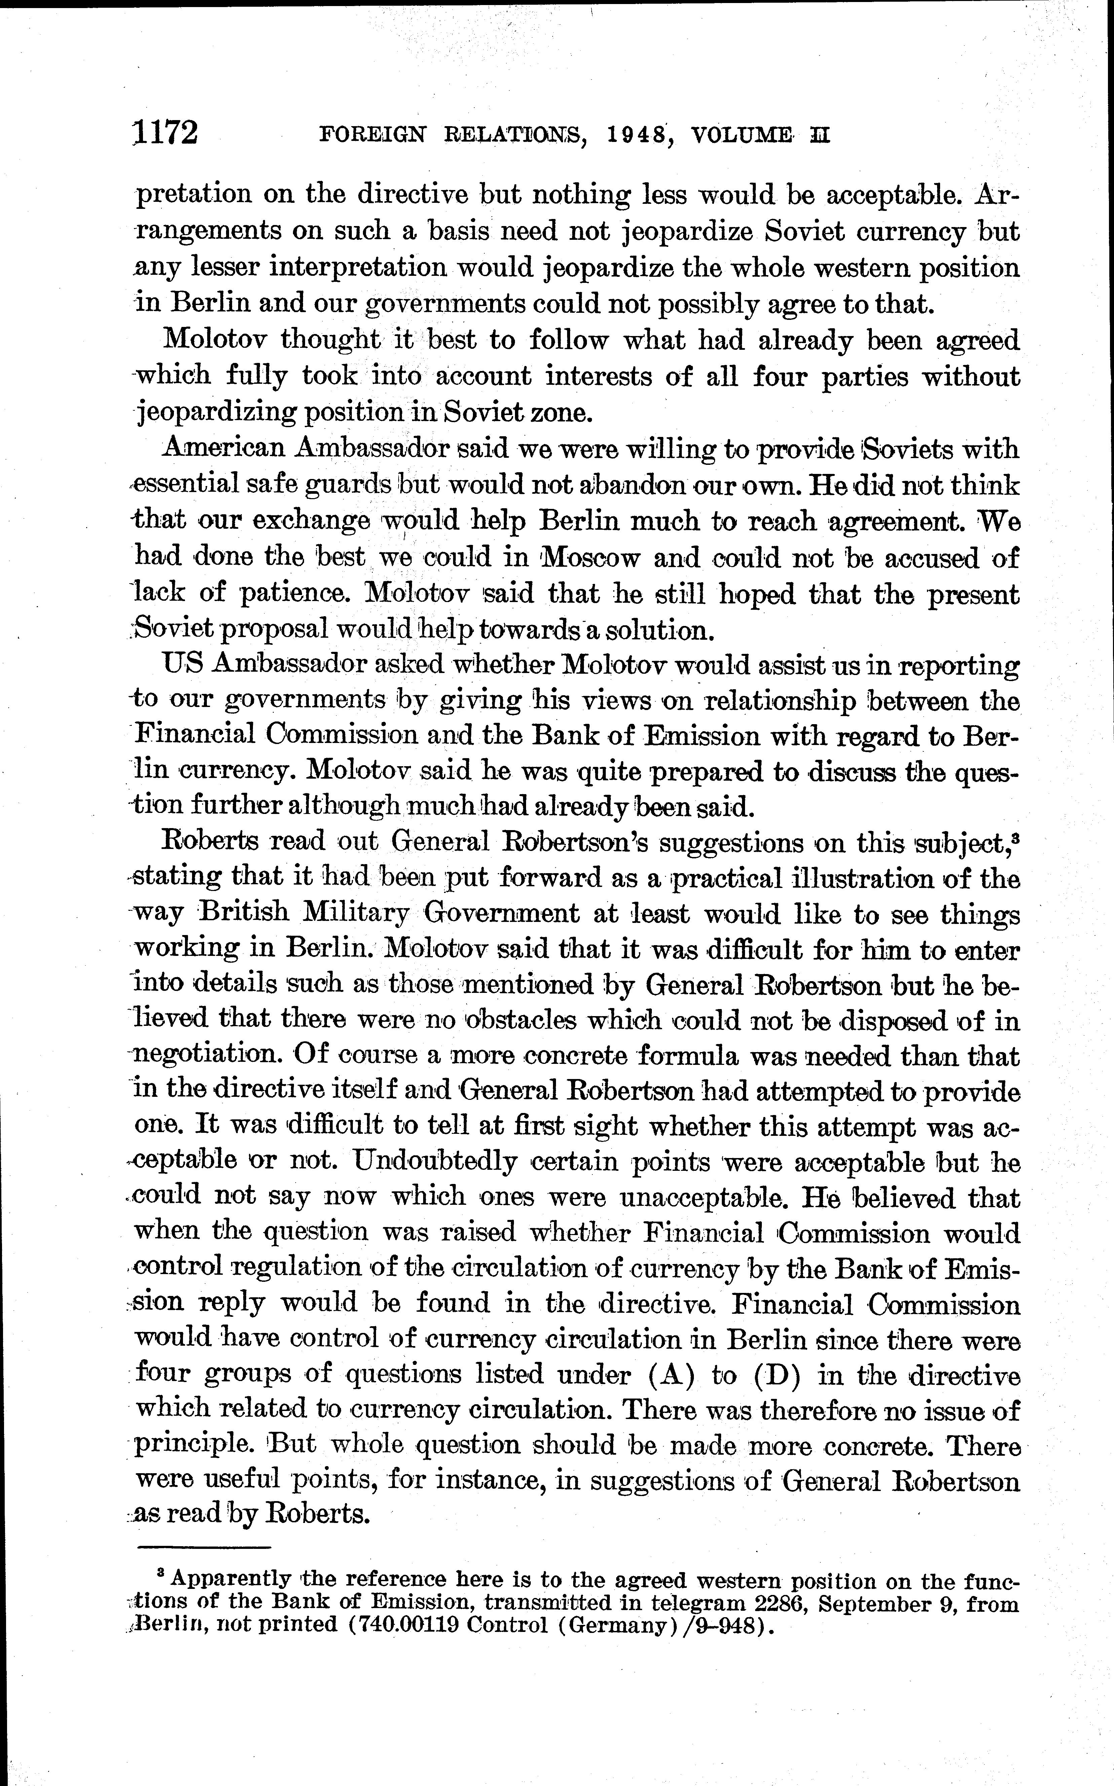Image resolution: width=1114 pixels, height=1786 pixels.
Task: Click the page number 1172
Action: click(166, 133)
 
